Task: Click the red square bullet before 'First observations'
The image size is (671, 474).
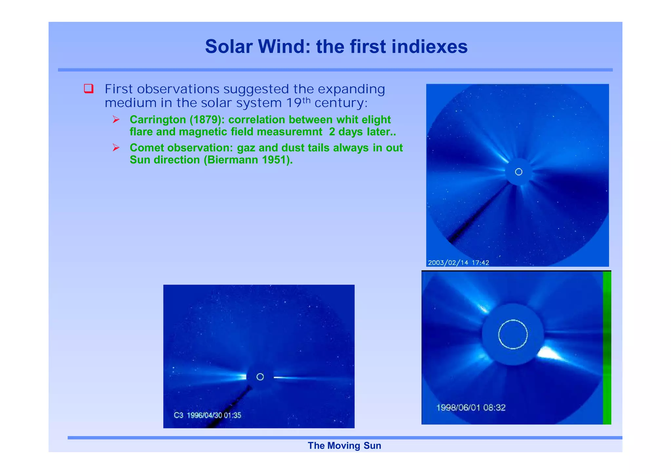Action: tap(89, 88)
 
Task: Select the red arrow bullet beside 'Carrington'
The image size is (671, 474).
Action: tap(116, 119)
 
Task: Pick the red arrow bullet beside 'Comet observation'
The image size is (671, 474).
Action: tap(116, 148)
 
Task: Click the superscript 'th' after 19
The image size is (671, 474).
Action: tap(306, 100)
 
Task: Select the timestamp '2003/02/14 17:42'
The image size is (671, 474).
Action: tap(458, 263)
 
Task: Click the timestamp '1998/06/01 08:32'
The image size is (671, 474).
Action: tap(471, 408)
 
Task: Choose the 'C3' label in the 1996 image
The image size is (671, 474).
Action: tap(179, 415)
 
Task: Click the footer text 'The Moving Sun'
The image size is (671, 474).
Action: tap(344, 446)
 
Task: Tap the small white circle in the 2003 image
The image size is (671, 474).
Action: tap(519, 172)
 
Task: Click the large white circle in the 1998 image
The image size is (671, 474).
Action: tap(513, 334)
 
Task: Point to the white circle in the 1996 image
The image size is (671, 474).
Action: tap(260, 377)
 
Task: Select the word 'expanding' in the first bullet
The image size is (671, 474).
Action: tap(351, 89)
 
